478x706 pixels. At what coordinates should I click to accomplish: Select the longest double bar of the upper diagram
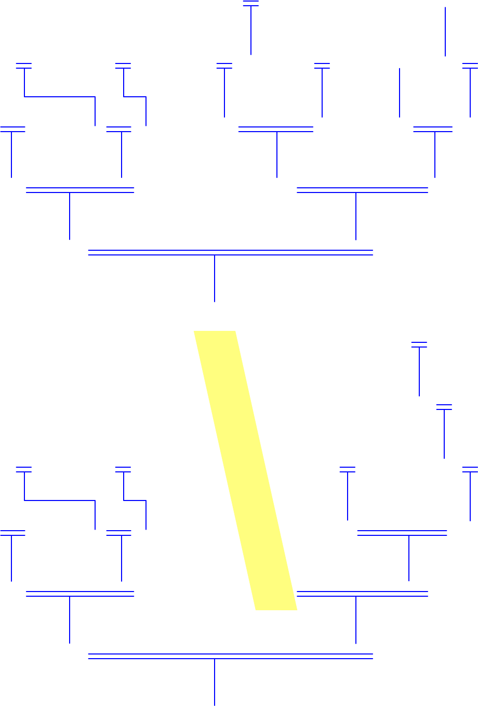(231, 253)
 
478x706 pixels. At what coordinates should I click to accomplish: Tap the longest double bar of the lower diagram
(231, 657)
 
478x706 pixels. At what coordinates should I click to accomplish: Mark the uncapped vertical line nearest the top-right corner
(445, 31)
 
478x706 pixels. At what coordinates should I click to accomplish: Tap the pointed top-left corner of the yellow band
(195, 332)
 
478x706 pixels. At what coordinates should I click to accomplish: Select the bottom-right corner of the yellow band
(296, 609)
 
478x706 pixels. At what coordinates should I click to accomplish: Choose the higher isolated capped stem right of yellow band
(419, 369)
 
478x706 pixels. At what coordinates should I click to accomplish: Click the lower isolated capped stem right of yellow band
(444, 432)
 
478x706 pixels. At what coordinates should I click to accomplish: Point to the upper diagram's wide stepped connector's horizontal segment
(60, 97)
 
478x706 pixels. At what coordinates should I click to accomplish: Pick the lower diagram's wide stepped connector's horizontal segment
(60, 500)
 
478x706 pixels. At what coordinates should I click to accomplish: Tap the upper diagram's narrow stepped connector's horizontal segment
(135, 97)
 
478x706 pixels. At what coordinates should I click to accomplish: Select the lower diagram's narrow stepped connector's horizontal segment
(135, 500)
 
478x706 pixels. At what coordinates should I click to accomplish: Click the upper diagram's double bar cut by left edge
(12, 129)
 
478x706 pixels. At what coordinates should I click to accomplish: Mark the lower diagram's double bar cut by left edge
(12, 533)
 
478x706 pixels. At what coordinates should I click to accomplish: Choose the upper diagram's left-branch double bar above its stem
(80, 190)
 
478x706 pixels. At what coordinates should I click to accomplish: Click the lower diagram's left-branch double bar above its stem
(80, 594)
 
